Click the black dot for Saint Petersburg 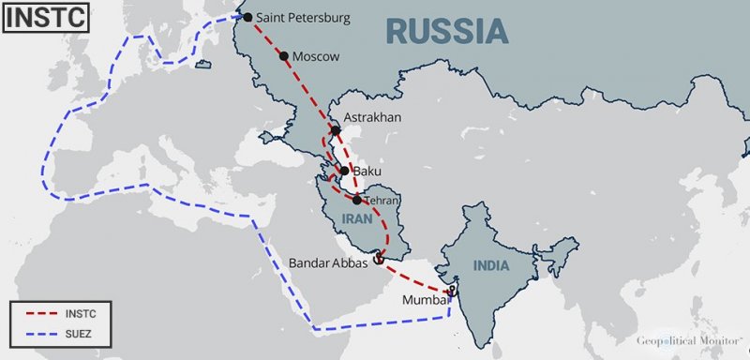click(247, 17)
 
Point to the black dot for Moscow click(284, 56)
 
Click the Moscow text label click(316, 57)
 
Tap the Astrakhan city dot click(336, 131)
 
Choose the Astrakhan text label click(372, 117)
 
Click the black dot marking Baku click(345, 172)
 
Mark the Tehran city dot click(358, 200)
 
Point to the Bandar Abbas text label click(328, 263)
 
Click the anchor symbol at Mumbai click(452, 292)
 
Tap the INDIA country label click(490, 266)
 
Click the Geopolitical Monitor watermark click(689, 342)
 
